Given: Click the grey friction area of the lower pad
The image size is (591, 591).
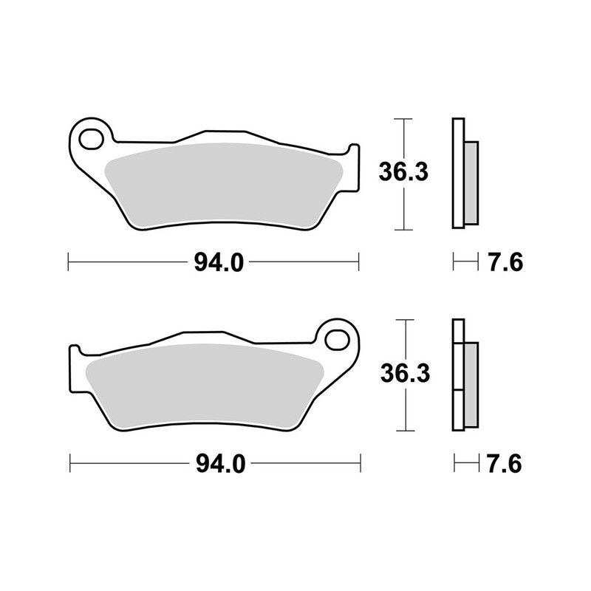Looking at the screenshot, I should click(207, 384).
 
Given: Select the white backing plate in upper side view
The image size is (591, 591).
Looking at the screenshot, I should click(457, 174).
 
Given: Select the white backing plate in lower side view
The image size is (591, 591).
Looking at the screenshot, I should click(457, 377).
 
